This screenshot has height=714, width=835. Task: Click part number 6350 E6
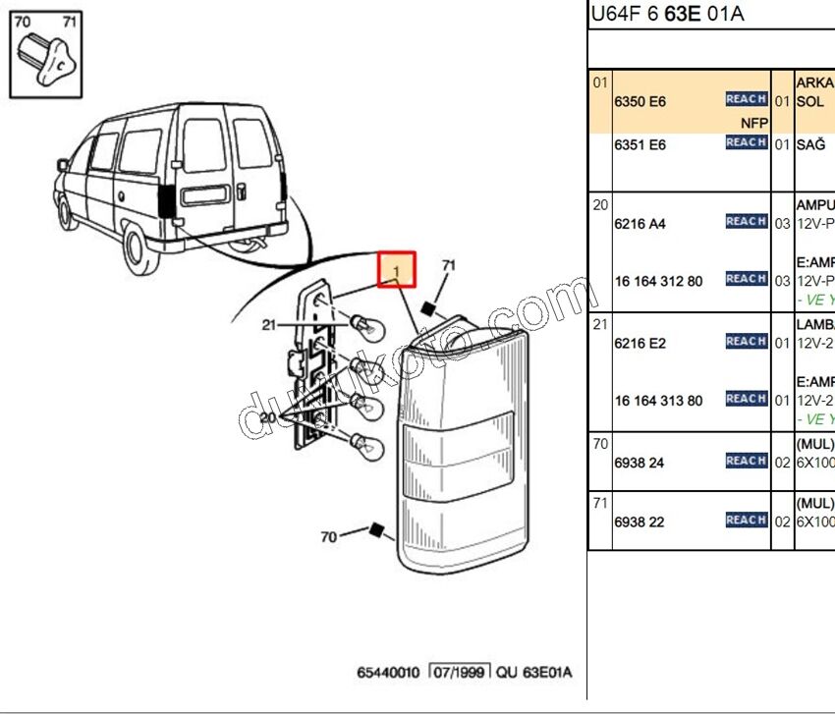click(640, 101)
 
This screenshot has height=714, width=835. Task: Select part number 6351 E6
click(640, 144)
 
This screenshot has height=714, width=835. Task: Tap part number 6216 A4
click(640, 224)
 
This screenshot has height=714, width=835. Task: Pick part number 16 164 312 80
click(658, 281)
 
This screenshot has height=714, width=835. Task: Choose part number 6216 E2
click(640, 344)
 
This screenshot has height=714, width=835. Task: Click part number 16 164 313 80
click(658, 401)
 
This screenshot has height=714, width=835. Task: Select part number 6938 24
click(639, 463)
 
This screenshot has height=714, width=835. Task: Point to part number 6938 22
click(639, 522)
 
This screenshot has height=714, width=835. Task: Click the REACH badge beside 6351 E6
click(746, 143)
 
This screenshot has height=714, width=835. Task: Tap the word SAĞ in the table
click(809, 144)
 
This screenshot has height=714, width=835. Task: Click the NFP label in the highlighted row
click(754, 123)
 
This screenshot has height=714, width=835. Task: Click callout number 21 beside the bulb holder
click(269, 324)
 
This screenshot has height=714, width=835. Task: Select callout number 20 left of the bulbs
click(269, 416)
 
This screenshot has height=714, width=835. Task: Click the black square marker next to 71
click(427, 308)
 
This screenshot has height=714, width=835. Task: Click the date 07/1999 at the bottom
click(460, 673)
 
